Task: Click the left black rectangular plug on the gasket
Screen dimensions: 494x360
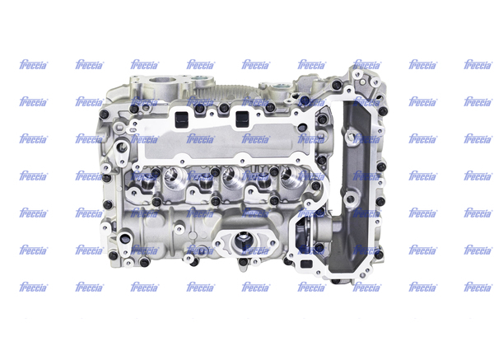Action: tap(182, 119)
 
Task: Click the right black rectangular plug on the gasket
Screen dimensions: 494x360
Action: tap(242, 119)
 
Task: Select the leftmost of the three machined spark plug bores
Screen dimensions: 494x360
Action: tap(171, 177)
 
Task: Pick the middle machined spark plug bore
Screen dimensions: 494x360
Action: tap(230, 177)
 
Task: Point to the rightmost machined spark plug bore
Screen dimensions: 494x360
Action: tap(289, 177)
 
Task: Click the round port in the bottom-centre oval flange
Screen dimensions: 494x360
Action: tap(242, 242)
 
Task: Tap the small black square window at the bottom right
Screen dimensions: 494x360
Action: tap(305, 264)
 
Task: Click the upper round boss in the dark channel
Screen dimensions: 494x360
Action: tap(351, 138)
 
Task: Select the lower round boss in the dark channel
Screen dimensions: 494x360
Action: tap(350, 199)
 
